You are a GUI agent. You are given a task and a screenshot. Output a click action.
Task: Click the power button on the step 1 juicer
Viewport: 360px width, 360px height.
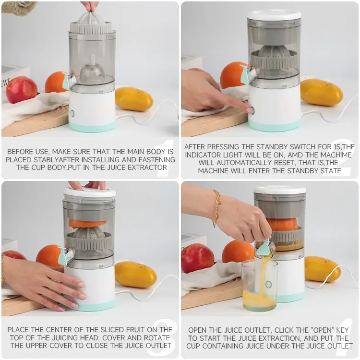pos(72,113)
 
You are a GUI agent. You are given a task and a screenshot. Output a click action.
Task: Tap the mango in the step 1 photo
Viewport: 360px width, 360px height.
pos(134,99)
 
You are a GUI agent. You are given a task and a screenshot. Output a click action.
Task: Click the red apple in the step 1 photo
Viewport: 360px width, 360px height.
pos(21,90)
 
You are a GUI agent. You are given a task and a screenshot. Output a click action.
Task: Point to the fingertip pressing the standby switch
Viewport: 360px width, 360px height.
pos(249,110)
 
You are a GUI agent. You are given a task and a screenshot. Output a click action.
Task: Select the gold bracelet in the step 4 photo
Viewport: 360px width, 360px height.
pos(217,208)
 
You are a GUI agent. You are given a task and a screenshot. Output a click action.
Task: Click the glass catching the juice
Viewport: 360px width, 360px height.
pos(259,286)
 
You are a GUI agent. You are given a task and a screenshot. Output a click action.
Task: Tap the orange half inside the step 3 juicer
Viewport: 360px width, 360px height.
pos(87,223)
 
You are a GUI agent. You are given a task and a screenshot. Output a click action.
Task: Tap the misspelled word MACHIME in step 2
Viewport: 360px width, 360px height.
pos(336,155)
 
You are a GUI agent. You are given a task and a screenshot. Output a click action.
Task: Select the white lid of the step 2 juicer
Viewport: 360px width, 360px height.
pos(274,14)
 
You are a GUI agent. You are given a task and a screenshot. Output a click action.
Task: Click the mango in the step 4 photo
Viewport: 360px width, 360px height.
pos(323,269)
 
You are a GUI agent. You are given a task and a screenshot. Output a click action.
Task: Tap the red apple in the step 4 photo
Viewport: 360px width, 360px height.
pos(198,258)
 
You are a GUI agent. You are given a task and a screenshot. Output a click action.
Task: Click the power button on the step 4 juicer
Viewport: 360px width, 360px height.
pos(268,284)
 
